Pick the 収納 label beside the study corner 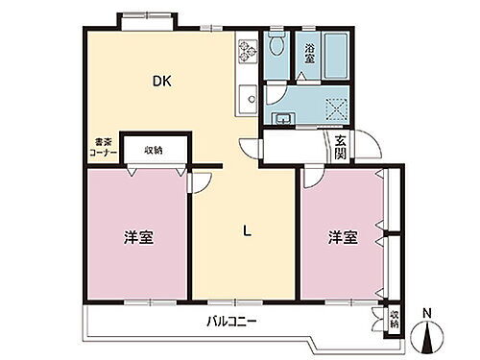(154, 149)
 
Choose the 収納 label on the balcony (394, 318)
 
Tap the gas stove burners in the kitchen (245, 49)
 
